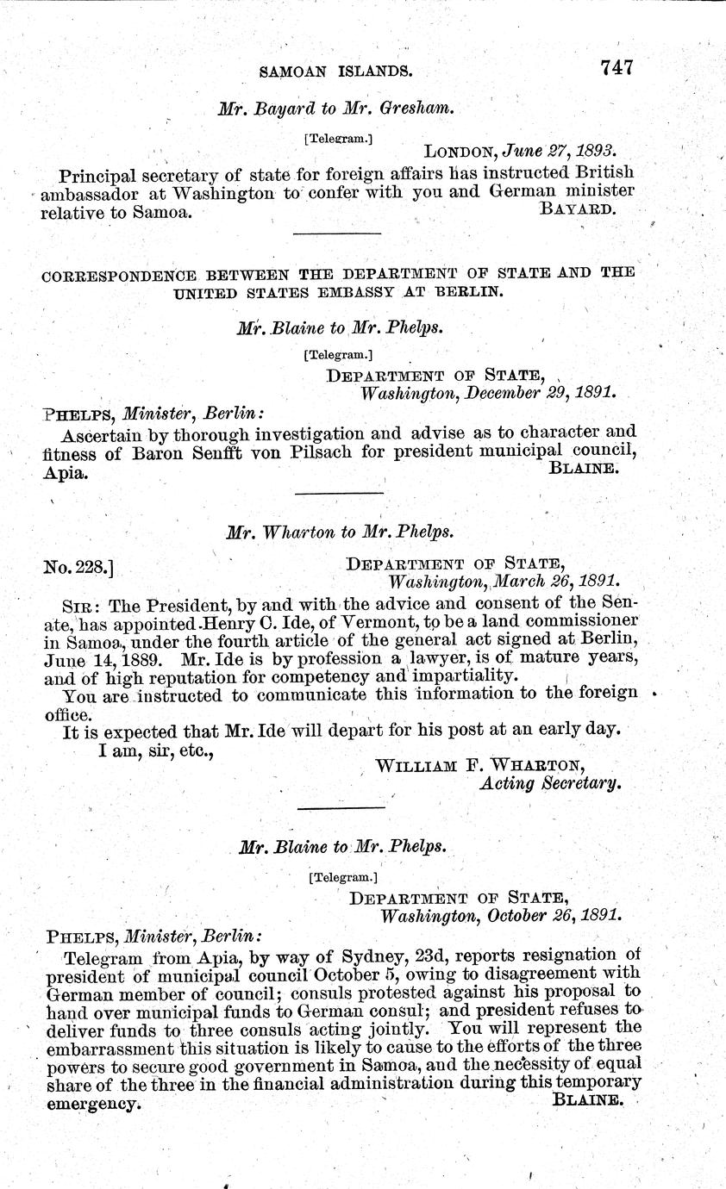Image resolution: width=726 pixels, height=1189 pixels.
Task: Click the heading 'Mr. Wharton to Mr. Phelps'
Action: coord(340,532)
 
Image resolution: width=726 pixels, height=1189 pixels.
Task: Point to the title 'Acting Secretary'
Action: coord(548,784)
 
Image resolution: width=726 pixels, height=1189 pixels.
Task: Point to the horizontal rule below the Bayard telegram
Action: coord(336,233)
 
